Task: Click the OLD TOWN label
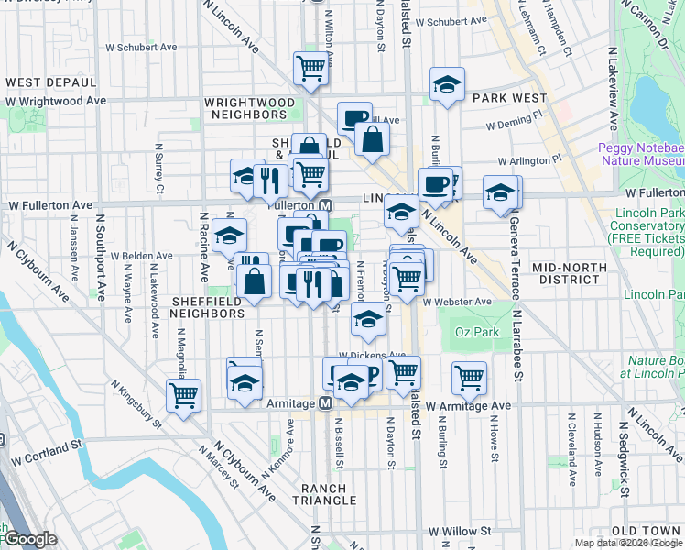647,532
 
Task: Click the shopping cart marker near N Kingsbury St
183,395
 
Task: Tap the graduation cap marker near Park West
447,83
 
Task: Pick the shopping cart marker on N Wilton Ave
310,67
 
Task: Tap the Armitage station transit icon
325,404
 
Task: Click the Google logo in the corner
29,540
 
